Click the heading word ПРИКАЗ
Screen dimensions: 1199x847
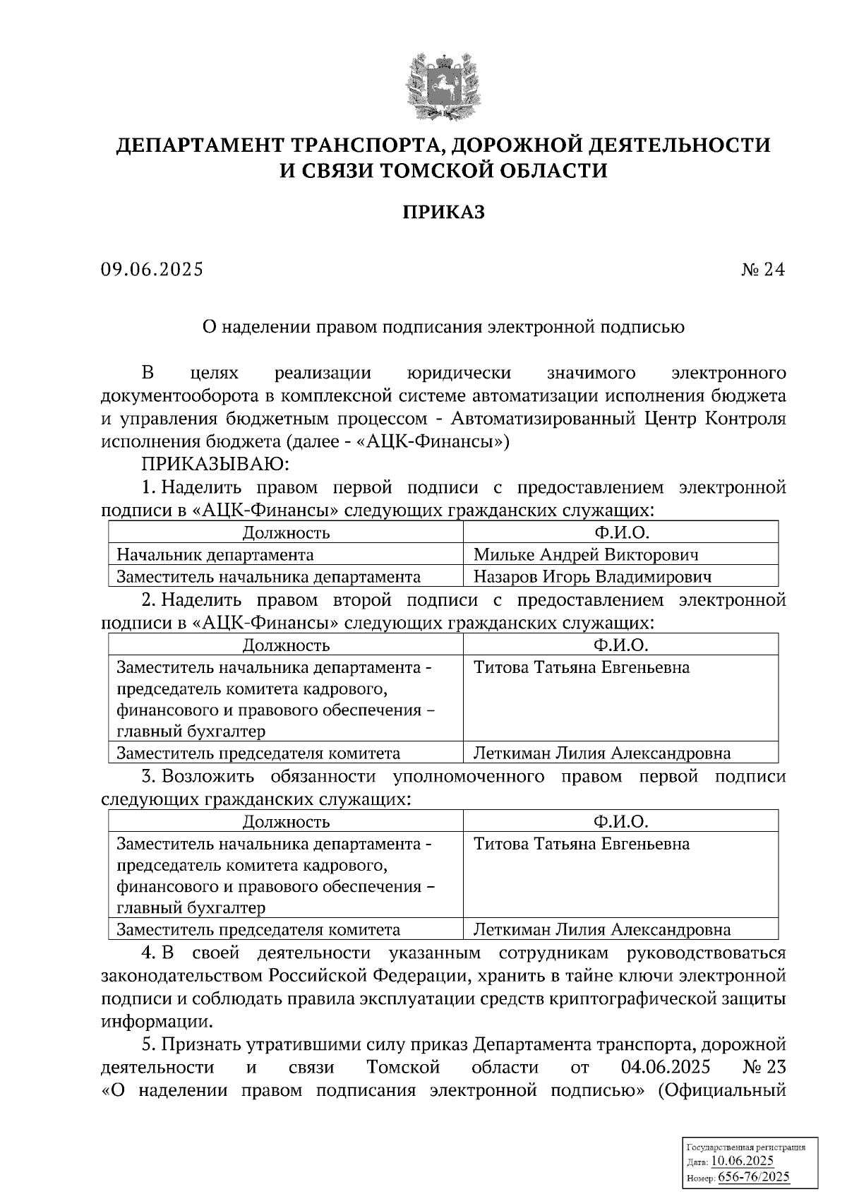pos(443,212)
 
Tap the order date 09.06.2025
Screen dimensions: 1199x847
pos(151,270)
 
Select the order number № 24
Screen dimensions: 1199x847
pos(762,270)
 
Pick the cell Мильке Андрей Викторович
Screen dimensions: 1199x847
pos(586,554)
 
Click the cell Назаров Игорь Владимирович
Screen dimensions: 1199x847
pos(592,576)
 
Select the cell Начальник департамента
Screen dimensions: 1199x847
pos(215,554)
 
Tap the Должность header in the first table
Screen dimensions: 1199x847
pos(286,532)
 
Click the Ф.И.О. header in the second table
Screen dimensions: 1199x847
pos(620,645)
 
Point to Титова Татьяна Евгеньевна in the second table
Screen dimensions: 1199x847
pos(582,667)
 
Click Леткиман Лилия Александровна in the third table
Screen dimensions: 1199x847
pos(602,929)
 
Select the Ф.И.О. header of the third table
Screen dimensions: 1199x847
pos(620,821)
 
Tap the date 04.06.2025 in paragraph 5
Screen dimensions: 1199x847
pos(666,1066)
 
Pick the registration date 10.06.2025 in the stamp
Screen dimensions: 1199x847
pos(742,1161)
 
